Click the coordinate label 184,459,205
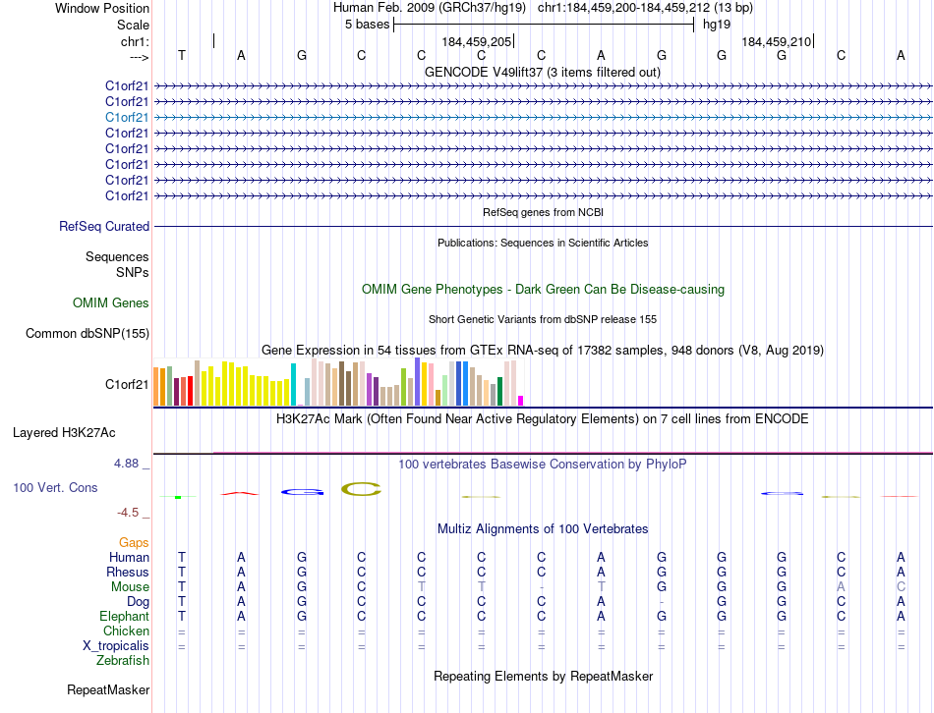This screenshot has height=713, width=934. coord(477,42)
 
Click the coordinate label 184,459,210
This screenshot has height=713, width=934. coord(777,42)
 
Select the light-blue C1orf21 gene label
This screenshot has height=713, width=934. coord(127,117)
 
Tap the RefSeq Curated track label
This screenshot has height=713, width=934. coord(104,227)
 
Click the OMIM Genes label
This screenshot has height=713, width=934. coord(111,303)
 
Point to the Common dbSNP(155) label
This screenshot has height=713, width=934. coord(88,334)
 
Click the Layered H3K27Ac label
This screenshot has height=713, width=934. coord(64,432)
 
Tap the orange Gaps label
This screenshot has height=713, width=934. coord(134,542)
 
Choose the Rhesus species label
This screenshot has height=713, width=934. coord(129,572)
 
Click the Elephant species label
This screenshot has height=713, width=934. coord(124,616)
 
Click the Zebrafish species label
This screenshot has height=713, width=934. coord(123,660)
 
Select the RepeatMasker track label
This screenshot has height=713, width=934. coord(108,690)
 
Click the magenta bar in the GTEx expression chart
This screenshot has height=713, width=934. coord(520,400)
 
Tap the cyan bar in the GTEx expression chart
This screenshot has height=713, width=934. coord(293,384)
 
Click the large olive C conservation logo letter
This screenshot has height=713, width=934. coord(361,489)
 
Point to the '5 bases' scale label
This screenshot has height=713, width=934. coord(367,25)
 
